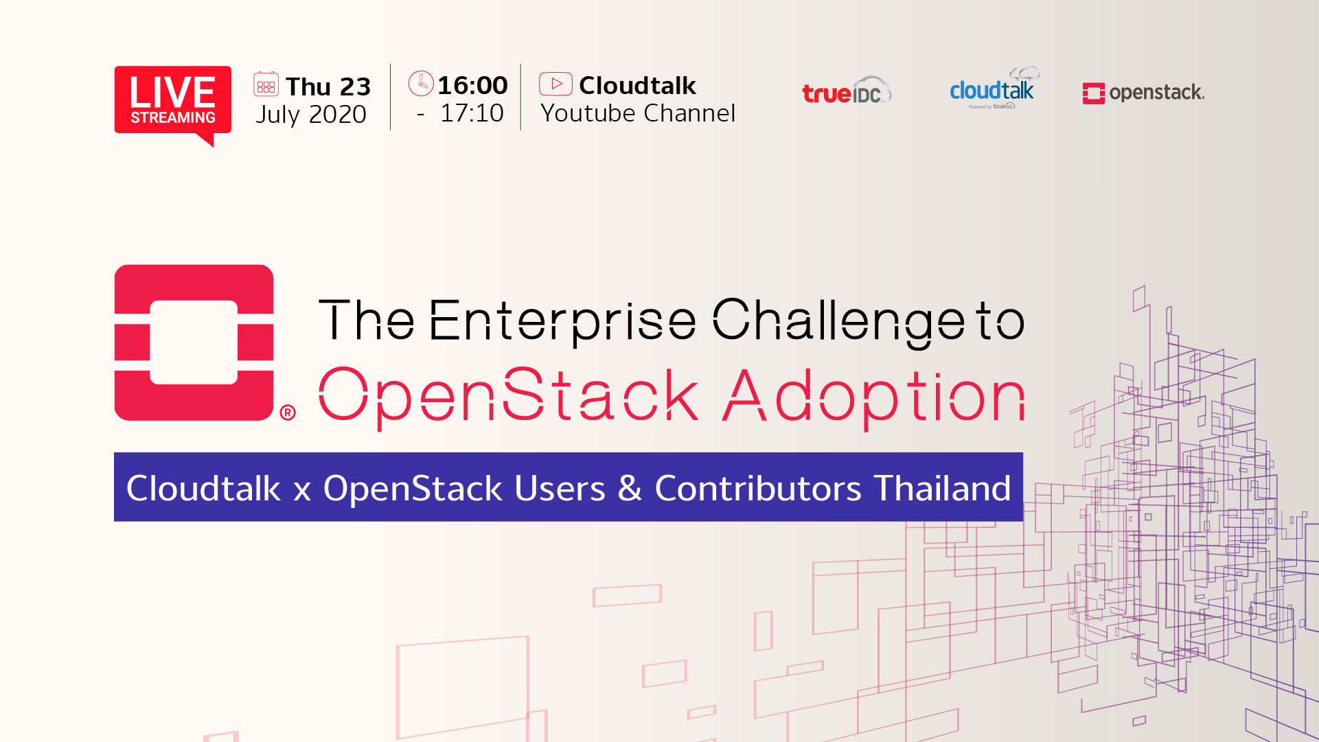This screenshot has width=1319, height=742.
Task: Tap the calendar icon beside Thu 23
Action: click(266, 84)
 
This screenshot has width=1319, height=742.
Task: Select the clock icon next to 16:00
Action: click(421, 83)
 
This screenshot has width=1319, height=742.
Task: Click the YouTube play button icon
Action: click(555, 84)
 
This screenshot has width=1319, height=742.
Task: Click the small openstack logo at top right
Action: click(1143, 93)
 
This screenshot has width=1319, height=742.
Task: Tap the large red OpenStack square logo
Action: click(194, 343)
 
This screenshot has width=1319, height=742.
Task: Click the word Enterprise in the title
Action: click(563, 320)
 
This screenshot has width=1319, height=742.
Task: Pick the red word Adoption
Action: click(874, 397)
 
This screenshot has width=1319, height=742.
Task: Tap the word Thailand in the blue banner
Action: click(942, 488)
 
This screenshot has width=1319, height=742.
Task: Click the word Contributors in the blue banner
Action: click(758, 488)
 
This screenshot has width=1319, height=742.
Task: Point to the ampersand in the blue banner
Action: click(630, 488)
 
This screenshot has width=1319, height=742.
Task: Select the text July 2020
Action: click(311, 115)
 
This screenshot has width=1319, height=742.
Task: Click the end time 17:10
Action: click(472, 113)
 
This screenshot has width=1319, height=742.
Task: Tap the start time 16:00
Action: click(472, 85)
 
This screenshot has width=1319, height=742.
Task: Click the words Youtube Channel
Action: click(638, 113)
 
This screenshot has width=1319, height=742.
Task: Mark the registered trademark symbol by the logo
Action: click(288, 412)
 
